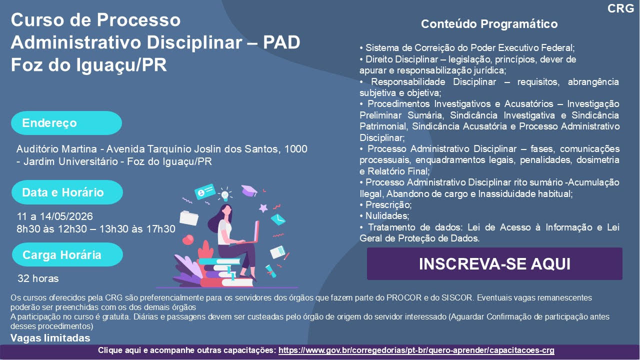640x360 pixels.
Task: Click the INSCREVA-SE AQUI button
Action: [494, 263]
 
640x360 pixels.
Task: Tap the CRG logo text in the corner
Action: [620, 8]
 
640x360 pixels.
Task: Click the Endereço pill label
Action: [66, 123]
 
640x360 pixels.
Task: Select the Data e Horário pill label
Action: [67, 192]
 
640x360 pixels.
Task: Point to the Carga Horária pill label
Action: [67, 254]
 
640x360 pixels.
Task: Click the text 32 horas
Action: [38, 278]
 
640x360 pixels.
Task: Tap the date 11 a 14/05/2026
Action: [55, 216]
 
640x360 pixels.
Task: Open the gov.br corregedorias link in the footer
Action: [416, 350]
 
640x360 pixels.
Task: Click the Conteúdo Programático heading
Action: [489, 24]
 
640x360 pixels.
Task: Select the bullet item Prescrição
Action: [385, 205]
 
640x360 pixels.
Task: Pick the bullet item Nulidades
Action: [384, 215]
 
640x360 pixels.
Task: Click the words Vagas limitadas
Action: [50, 338]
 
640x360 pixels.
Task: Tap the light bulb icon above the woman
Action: [225, 194]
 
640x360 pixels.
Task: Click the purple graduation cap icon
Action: [249, 190]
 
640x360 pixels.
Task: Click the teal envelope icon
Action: [278, 219]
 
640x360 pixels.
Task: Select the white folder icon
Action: [189, 217]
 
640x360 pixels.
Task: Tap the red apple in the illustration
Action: [188, 239]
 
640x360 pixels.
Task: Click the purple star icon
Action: [263, 208]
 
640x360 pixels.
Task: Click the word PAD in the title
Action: [281, 42]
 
